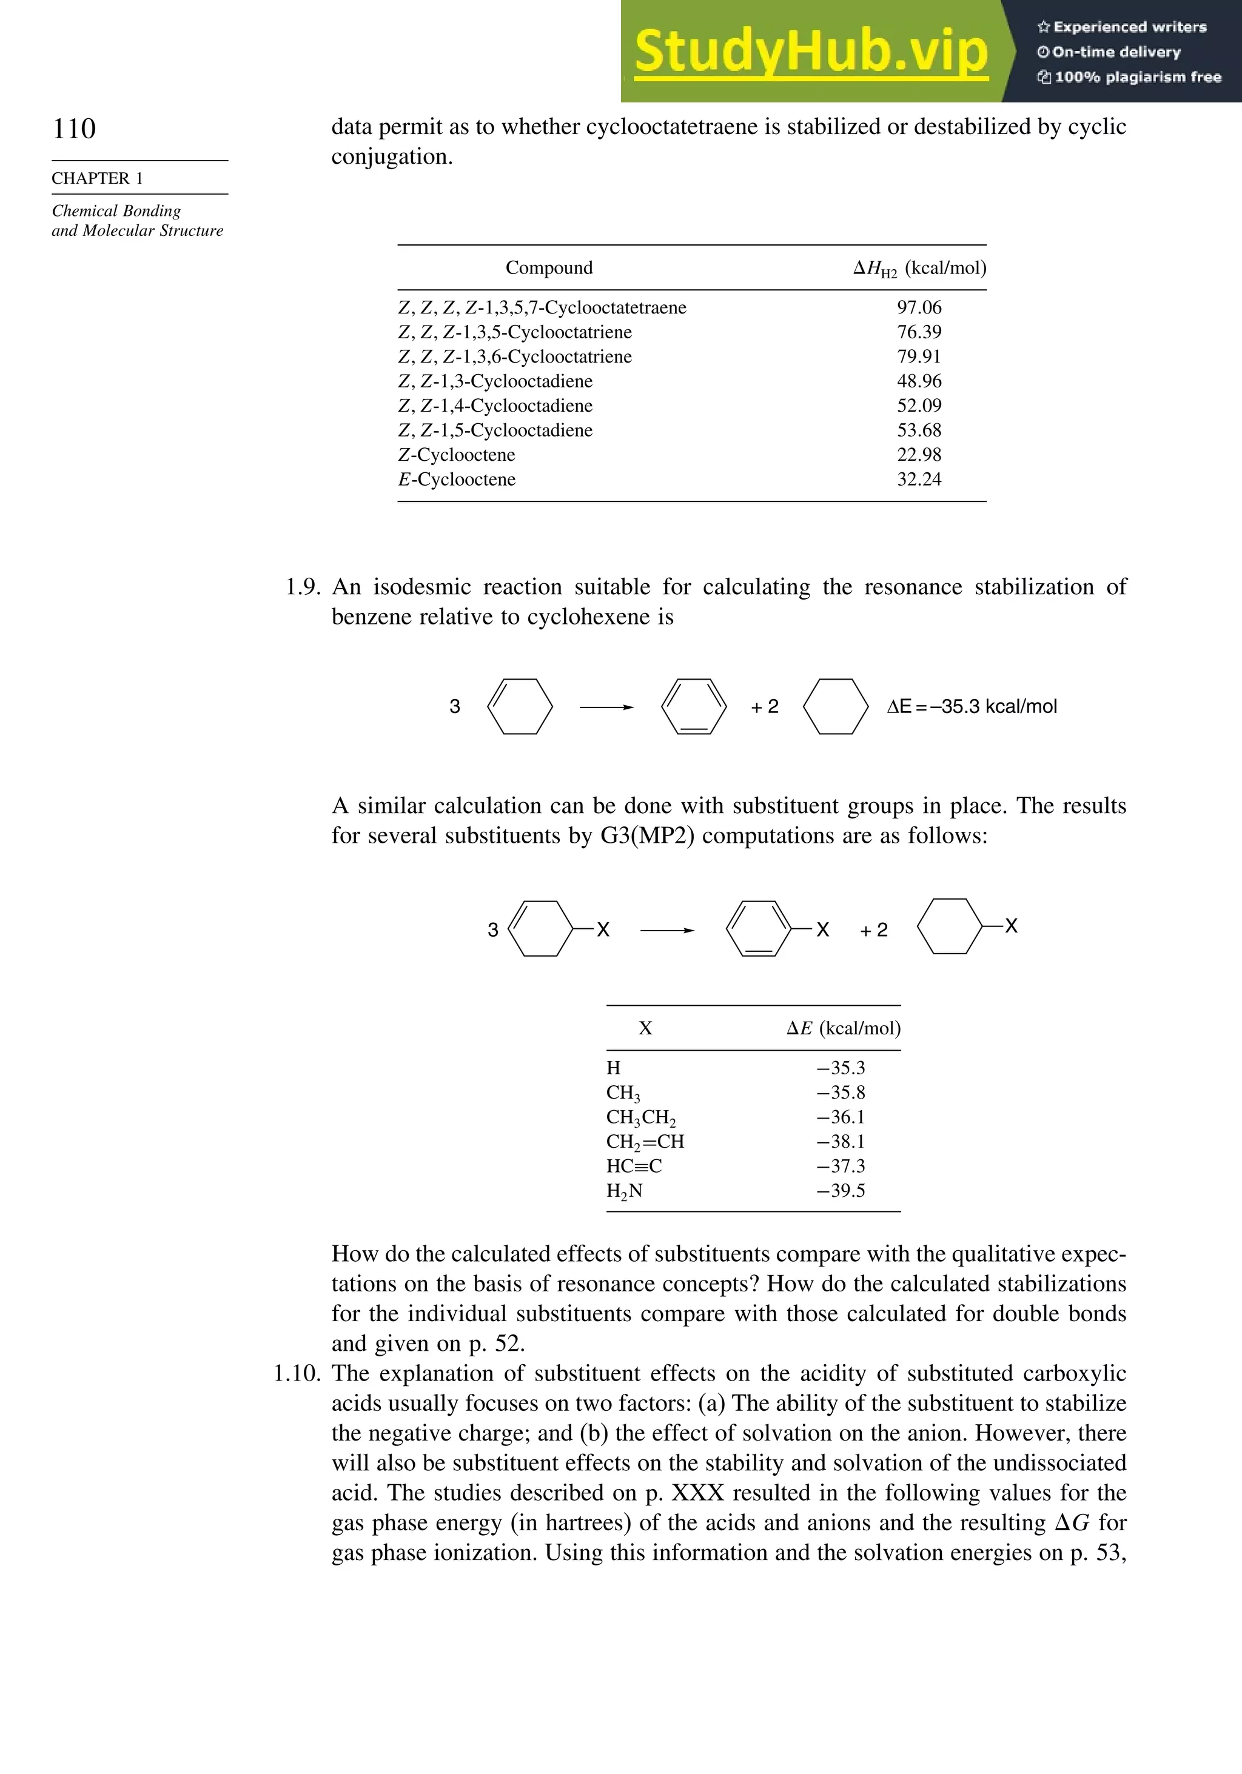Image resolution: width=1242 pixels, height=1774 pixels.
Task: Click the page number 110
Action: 74,129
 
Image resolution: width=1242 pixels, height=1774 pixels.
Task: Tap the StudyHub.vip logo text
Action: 811,52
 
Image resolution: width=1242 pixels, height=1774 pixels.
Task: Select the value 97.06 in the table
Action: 918,307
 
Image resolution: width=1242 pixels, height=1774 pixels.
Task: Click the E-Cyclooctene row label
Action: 456,479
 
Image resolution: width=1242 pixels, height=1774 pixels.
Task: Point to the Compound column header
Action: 549,267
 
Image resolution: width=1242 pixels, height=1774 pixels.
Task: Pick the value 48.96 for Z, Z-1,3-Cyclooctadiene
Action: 918,381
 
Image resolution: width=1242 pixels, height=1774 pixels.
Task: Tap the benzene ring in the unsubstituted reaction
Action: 693,706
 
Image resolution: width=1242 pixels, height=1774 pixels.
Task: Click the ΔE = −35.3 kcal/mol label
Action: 972,706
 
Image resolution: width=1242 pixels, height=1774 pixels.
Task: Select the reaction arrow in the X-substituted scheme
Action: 667,930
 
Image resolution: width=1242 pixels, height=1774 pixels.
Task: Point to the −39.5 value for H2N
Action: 841,1191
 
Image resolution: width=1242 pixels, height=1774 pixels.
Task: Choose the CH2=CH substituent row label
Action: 645,1142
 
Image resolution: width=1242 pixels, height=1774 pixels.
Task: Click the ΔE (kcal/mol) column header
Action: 843,1028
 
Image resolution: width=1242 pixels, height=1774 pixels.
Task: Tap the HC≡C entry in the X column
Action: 634,1166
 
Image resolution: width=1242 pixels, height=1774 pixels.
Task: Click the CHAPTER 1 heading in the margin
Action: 98,178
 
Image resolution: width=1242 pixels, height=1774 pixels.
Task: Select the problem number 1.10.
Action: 297,1373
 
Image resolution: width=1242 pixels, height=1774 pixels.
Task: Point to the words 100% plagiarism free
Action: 1136,76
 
